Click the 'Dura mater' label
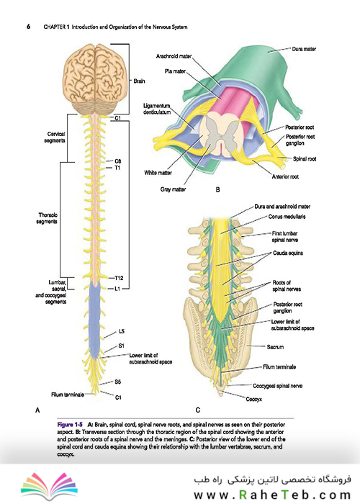[x=304, y=49]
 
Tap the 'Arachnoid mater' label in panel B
[x=174, y=56]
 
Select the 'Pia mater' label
[x=175, y=71]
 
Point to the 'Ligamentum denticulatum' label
[x=157, y=109]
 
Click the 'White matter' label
[x=158, y=173]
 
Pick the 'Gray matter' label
[x=173, y=189]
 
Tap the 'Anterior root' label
[x=285, y=176]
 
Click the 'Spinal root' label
[x=305, y=159]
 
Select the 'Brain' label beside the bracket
[x=139, y=81]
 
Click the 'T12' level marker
[x=119, y=278]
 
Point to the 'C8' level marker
[x=117, y=161]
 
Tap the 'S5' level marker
[x=117, y=382]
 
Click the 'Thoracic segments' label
[x=48, y=218]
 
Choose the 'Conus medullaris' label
[x=287, y=217]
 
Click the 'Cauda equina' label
[x=288, y=253]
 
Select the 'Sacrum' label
[x=275, y=347]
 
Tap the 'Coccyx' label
[x=254, y=399]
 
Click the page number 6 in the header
[x=29, y=27]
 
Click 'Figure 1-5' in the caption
[x=70, y=425]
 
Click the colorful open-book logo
[x=49, y=486]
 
